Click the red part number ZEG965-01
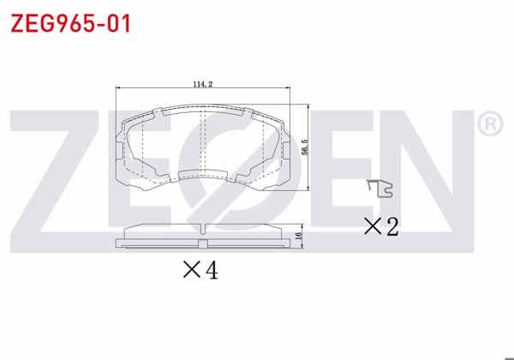71,24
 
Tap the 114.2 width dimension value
202,84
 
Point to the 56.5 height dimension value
305,147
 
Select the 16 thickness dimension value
298,235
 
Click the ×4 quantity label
200,270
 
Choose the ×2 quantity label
381,226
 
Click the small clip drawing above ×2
380,189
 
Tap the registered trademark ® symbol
490,124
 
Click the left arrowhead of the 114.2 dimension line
119,88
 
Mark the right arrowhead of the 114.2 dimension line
288,88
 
